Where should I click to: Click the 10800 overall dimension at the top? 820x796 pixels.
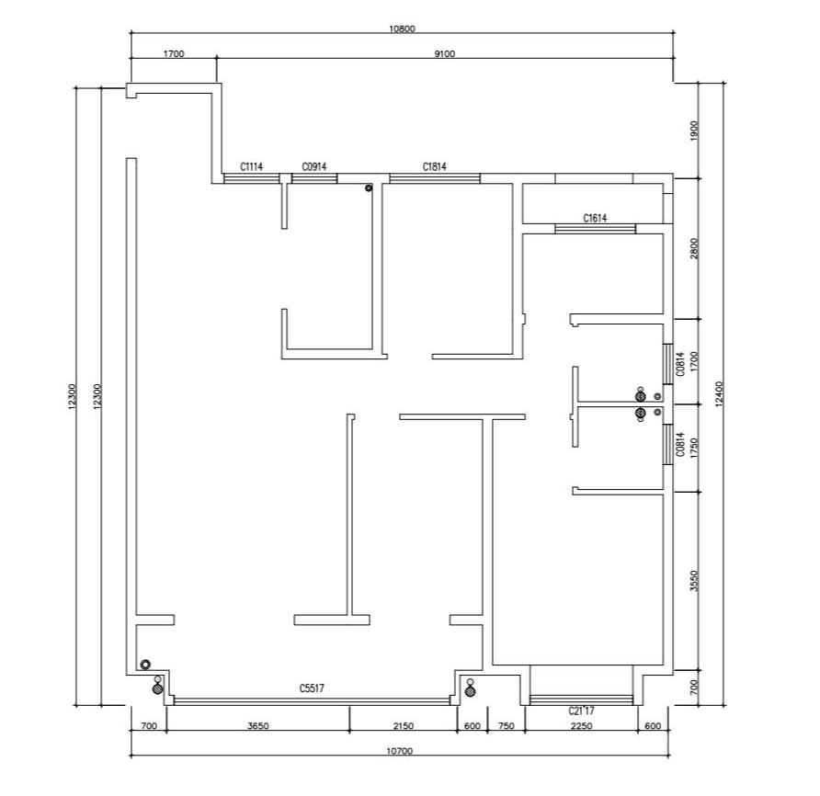click(402, 28)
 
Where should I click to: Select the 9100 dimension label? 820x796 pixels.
click(445, 53)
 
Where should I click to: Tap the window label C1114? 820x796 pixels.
click(252, 167)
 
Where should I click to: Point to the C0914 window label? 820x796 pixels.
click(314, 167)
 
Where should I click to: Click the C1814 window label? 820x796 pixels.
click(435, 167)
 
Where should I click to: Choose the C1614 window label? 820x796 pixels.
click(595, 218)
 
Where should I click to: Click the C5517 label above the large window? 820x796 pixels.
click(312, 688)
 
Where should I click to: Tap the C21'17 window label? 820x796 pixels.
click(582, 711)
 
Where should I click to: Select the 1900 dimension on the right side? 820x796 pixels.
click(694, 131)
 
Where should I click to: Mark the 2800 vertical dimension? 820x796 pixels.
click(694, 248)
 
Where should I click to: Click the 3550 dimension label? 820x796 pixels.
click(694, 581)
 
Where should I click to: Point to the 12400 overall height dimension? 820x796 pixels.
click(719, 393)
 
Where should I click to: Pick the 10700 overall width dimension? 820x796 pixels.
click(400, 751)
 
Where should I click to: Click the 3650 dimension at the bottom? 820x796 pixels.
click(257, 726)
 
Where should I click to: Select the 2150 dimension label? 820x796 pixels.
click(404, 726)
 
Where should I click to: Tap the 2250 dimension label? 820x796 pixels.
click(582, 726)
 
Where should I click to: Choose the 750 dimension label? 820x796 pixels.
click(507, 726)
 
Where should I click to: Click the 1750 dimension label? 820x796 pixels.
click(694, 449)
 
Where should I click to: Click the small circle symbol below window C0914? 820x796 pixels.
click(369, 188)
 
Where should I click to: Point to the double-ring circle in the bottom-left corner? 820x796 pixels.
click(145, 665)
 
